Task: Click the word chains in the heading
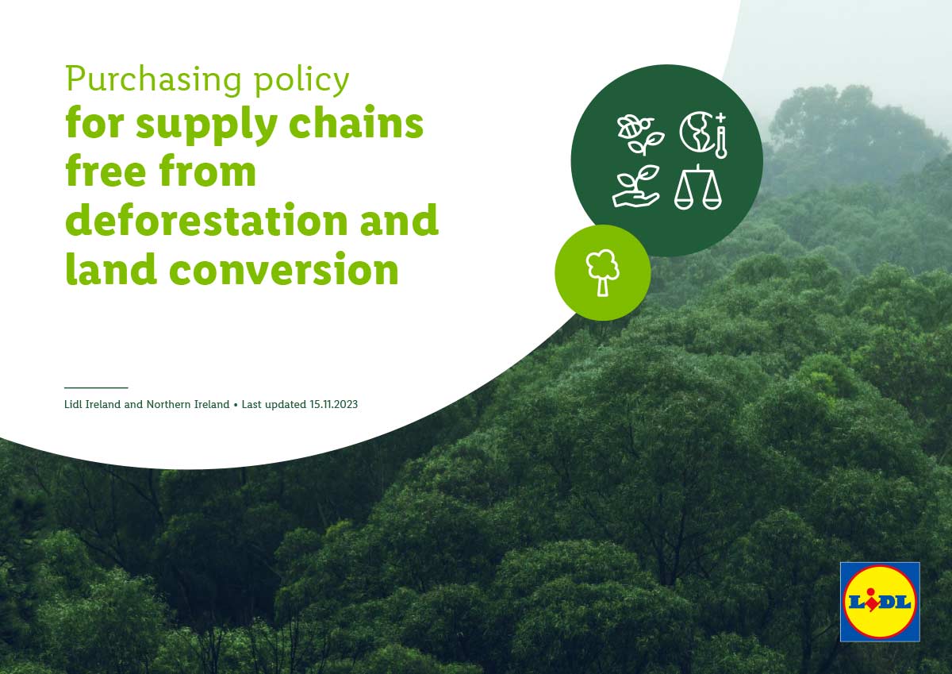tap(356, 122)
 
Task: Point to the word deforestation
tap(206, 219)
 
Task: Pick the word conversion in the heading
tap(284, 270)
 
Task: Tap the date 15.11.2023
tap(334, 404)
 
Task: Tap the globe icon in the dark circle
tap(697, 132)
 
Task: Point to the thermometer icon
tap(721, 137)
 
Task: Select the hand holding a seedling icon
tap(636, 187)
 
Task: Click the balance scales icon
tap(698, 187)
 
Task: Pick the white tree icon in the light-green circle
tap(603, 272)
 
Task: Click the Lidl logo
tap(880, 601)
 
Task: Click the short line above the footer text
tap(96, 387)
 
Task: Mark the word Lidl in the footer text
tap(74, 404)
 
